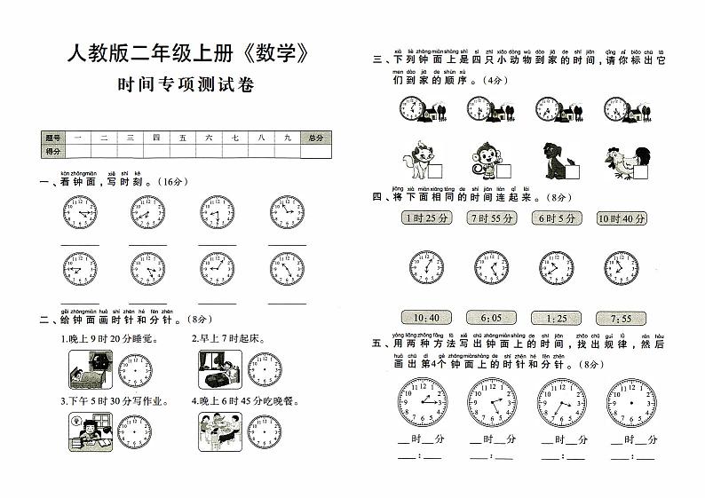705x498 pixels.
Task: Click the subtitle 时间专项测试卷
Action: (191, 86)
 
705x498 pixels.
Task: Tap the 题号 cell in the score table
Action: (52, 138)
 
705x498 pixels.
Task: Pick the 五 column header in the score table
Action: (182, 138)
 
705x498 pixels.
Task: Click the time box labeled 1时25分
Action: (426, 218)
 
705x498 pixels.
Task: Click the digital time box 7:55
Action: (622, 318)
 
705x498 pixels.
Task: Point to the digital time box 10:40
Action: (426, 318)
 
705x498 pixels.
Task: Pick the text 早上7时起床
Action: (223, 338)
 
